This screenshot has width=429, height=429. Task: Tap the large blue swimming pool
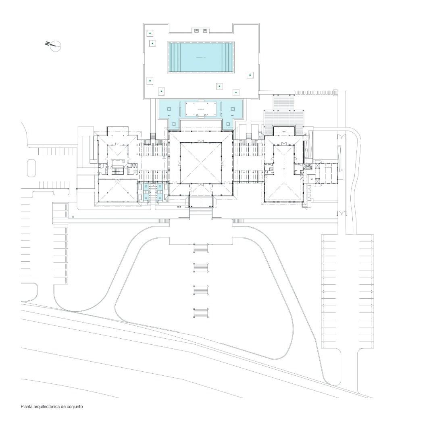(x=200, y=57)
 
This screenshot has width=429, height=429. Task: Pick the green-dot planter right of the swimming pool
(x=250, y=75)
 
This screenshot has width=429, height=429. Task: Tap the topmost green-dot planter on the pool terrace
(x=150, y=33)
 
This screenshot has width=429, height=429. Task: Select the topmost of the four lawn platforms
(x=201, y=248)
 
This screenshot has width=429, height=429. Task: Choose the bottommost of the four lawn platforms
(x=201, y=313)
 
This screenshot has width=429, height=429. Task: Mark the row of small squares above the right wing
(x=315, y=93)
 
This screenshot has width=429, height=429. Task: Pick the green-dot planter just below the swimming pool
(x=219, y=85)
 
